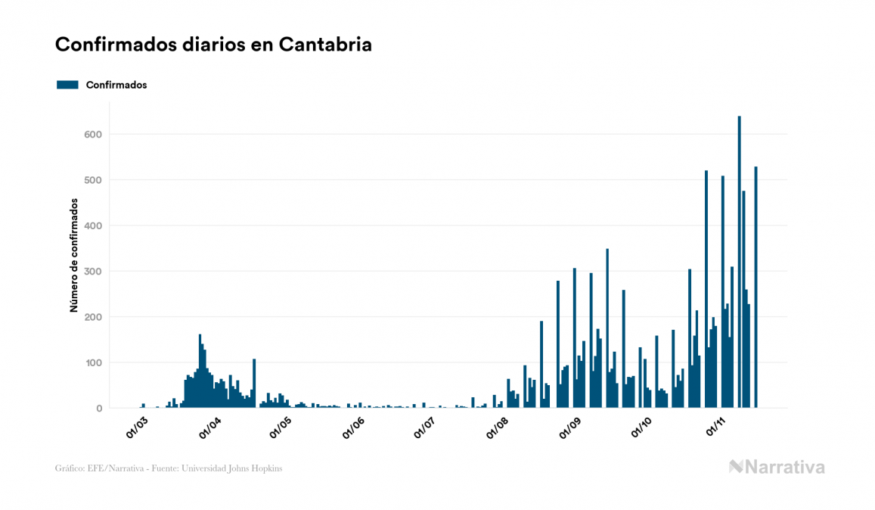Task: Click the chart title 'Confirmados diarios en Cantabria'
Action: pyautogui.click(x=213, y=45)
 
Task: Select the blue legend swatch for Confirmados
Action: pyautogui.click(x=67, y=85)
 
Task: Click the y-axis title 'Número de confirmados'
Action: pyautogui.click(x=74, y=255)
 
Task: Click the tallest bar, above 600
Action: pyautogui.click(x=739, y=265)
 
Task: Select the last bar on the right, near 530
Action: pyautogui.click(x=756, y=288)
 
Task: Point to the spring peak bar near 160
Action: pyautogui.click(x=200, y=371)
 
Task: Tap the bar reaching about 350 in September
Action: pyautogui.click(x=607, y=329)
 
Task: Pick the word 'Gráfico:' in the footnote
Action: pyautogui.click(x=70, y=468)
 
